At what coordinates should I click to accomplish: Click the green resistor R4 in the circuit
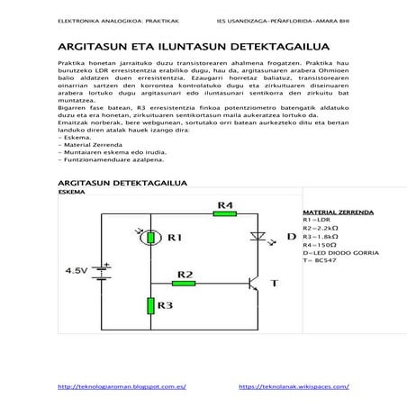[226, 216]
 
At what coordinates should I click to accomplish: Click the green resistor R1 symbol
[151, 239]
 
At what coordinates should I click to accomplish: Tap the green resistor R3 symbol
[151, 305]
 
